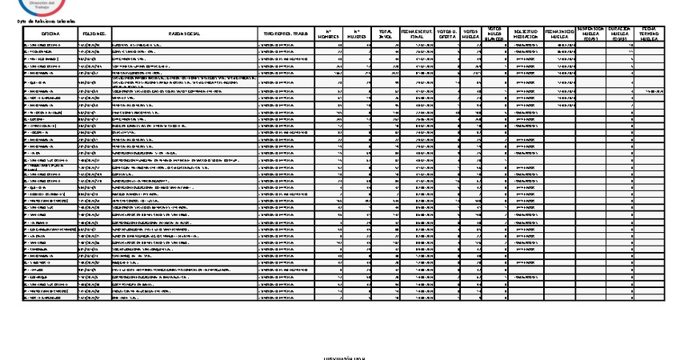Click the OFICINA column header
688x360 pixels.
(50, 34)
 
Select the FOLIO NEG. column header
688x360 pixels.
(94, 34)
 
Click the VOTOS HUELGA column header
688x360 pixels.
(473, 34)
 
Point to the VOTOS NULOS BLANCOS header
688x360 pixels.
(496, 34)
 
